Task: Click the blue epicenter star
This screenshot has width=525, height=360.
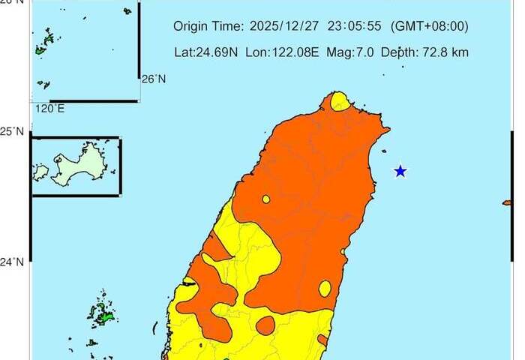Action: (x=400, y=171)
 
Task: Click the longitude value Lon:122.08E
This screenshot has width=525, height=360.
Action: (x=283, y=53)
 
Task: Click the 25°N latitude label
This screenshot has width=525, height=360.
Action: (x=14, y=132)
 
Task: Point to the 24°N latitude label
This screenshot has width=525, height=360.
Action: (x=14, y=262)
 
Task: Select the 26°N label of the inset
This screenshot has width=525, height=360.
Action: (x=153, y=79)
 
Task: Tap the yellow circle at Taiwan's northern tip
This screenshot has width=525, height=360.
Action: (x=340, y=100)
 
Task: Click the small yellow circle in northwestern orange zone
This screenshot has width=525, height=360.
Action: (x=266, y=199)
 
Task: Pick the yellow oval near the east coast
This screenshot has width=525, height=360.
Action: (x=325, y=288)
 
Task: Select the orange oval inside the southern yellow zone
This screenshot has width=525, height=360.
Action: (x=265, y=325)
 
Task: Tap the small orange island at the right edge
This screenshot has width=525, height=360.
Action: (x=508, y=202)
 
